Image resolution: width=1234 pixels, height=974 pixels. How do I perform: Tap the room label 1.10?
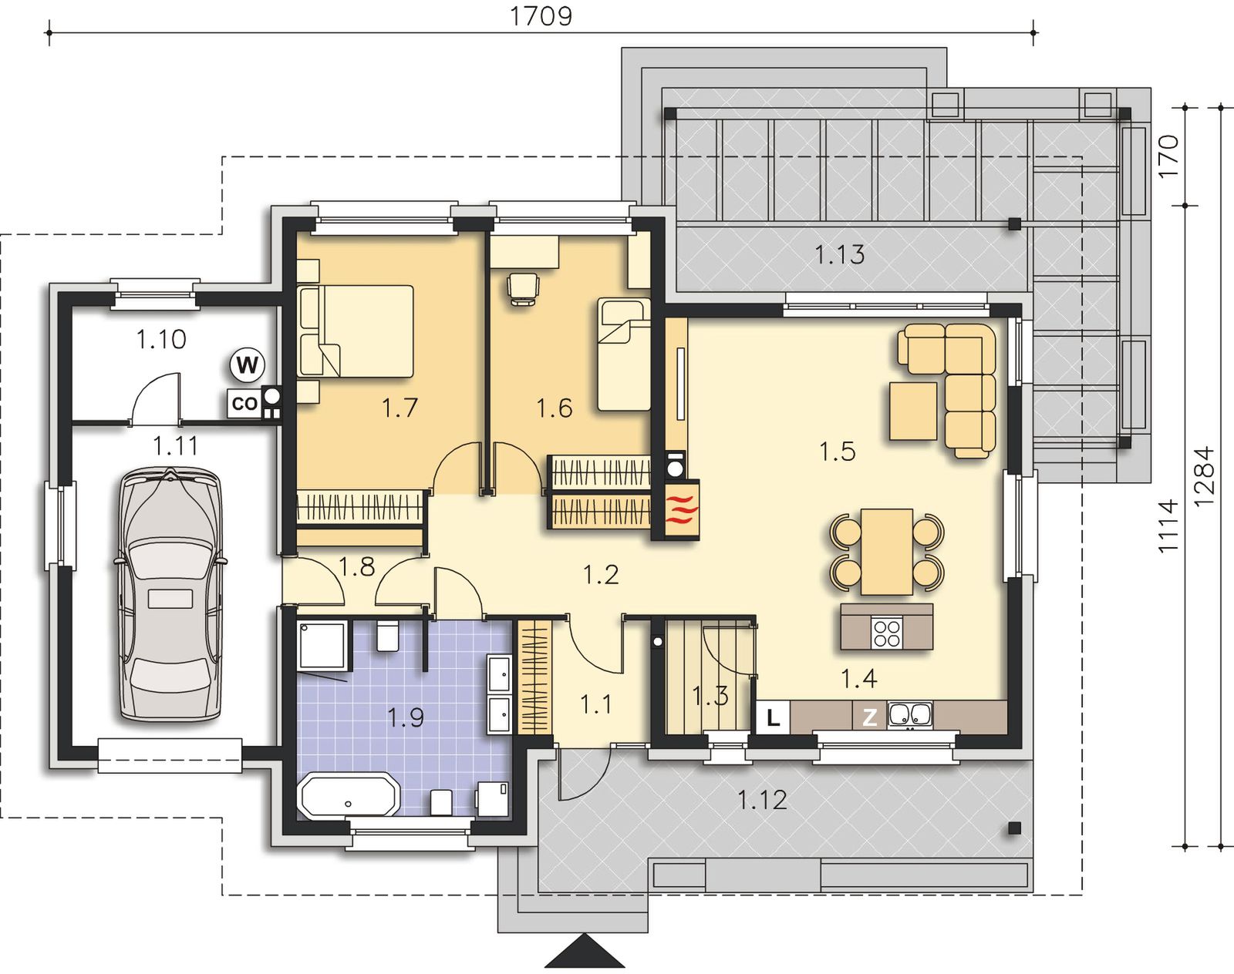click(x=161, y=340)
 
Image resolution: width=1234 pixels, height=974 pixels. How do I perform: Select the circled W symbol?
click(x=247, y=364)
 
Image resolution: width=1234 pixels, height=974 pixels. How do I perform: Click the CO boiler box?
click(x=244, y=403)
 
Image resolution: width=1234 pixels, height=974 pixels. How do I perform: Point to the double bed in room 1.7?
click(x=356, y=331)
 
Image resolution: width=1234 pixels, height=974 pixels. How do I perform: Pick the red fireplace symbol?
click(x=683, y=509)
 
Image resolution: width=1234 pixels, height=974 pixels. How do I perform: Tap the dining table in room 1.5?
click(x=887, y=551)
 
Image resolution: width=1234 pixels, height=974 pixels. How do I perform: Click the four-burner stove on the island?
click(x=887, y=633)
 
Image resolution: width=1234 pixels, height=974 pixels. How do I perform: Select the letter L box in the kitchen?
click(x=773, y=717)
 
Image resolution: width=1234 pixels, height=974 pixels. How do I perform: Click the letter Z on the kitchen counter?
click(x=870, y=717)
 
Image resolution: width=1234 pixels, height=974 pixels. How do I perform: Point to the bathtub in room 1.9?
click(x=349, y=794)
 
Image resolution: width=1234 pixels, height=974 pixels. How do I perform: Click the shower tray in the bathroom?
click(x=323, y=645)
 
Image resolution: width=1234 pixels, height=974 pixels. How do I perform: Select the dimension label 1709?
click(x=541, y=16)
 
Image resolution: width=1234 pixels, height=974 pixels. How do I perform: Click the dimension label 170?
click(x=1168, y=156)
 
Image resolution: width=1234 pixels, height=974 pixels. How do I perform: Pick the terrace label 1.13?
click(x=839, y=254)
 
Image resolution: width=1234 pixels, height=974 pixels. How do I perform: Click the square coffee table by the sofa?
click(x=913, y=411)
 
